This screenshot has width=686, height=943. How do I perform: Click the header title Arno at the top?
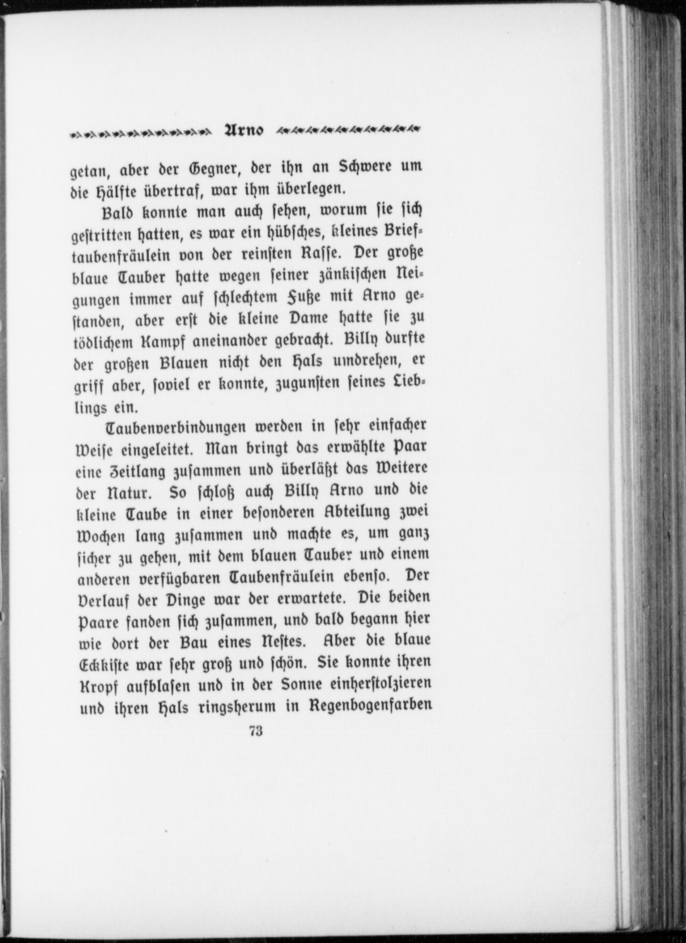pos(243,130)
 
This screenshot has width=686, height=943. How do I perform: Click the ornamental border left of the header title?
pos(141,132)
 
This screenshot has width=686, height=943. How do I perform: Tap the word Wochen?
pos(97,537)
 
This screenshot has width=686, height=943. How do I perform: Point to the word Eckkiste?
pos(105,664)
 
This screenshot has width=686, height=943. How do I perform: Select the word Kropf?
pos(99,687)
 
